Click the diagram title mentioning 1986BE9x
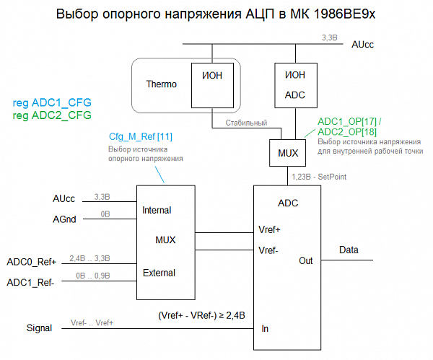[216, 15]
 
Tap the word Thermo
[161, 84]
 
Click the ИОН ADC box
[296, 84]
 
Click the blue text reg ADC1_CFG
[52, 102]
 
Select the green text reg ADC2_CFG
[52, 115]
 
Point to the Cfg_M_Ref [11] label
[140, 136]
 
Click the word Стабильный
[246, 123]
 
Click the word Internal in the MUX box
[157, 211]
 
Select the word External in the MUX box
[158, 273]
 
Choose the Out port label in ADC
[306, 260]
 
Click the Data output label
[349, 250]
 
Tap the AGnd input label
[64, 218]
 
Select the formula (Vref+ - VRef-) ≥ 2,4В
[201, 315]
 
